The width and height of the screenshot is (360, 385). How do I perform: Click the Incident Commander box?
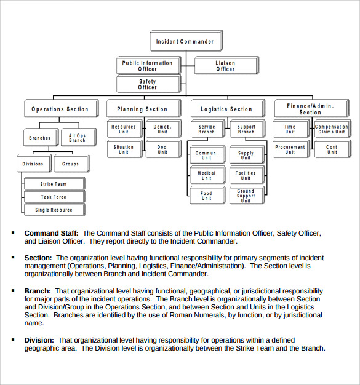tap(185, 42)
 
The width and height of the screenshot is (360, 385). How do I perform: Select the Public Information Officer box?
tap(147, 66)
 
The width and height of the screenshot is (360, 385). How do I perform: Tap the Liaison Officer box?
tap(225, 66)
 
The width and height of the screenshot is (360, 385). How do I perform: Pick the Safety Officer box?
tap(147, 84)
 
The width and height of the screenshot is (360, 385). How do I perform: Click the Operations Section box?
tap(60, 109)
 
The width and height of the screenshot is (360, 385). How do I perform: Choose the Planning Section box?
tap(142, 109)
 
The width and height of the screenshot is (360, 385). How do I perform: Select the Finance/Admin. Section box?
tap(310, 109)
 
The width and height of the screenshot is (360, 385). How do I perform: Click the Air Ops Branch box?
tap(77, 138)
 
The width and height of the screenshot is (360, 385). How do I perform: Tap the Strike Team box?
tap(54, 184)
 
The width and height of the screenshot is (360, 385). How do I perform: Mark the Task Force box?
tap(54, 197)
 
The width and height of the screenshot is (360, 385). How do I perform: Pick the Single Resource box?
tap(54, 210)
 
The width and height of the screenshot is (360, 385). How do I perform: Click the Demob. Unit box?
tap(162, 129)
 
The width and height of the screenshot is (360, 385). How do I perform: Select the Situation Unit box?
tap(124, 149)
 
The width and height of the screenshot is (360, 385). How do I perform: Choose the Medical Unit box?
tap(206, 175)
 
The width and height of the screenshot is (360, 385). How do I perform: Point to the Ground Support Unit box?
tap(246, 196)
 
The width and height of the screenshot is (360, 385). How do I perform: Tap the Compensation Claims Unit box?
tap(331, 129)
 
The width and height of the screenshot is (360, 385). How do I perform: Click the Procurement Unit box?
tap(290, 149)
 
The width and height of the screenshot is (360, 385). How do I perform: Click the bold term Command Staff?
tap(51, 234)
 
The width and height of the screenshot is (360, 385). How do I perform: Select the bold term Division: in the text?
tap(39, 340)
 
